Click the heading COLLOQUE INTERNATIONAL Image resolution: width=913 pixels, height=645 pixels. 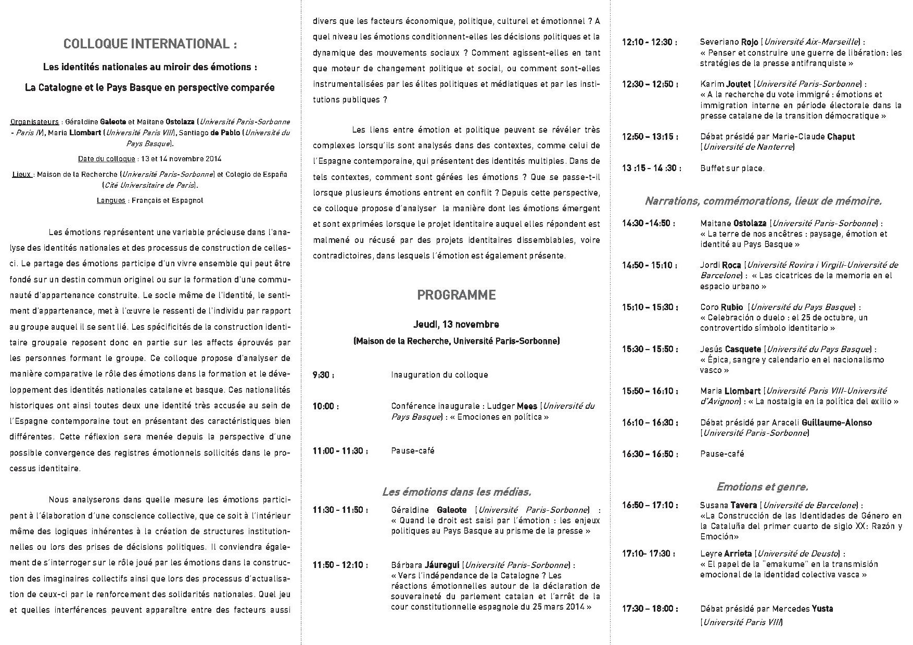click(150, 44)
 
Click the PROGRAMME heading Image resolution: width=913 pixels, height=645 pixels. click(456, 295)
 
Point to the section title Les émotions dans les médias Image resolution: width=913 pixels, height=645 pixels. click(456, 492)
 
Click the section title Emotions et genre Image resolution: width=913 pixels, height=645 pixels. click(762, 487)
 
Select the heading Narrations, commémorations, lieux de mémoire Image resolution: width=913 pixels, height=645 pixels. click(763, 201)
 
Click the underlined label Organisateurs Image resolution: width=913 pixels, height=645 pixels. click(34, 122)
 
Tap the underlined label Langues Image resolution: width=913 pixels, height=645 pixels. click(111, 200)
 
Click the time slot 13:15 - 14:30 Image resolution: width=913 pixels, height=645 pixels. click(650, 168)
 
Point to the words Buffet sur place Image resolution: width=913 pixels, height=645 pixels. click(732, 168)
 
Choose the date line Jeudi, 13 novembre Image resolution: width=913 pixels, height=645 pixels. click(456, 324)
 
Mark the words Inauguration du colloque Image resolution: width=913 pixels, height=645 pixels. click(439, 375)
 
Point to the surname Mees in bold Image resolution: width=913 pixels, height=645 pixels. click(527, 406)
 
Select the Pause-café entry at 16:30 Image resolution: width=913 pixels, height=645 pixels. click(722, 454)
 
